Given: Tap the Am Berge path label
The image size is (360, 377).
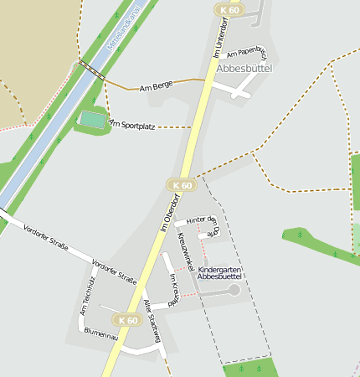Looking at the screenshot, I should (x=156, y=86).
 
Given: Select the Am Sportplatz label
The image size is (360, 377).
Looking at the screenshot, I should (x=132, y=125).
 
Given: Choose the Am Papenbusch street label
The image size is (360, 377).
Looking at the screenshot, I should (x=245, y=52).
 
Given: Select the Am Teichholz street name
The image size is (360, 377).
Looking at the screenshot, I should (x=87, y=295).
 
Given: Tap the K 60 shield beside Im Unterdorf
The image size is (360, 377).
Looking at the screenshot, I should (x=229, y=10).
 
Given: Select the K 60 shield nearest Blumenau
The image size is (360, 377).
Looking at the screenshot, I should (x=127, y=320).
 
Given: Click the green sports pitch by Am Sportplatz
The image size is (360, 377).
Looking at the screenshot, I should (x=93, y=121).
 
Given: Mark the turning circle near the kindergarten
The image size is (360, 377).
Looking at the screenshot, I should (x=234, y=289).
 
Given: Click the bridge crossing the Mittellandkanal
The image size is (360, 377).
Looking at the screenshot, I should (x=93, y=72).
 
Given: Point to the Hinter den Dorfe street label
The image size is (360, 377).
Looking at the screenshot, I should (x=202, y=224).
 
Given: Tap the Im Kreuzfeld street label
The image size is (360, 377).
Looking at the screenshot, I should (x=175, y=290).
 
